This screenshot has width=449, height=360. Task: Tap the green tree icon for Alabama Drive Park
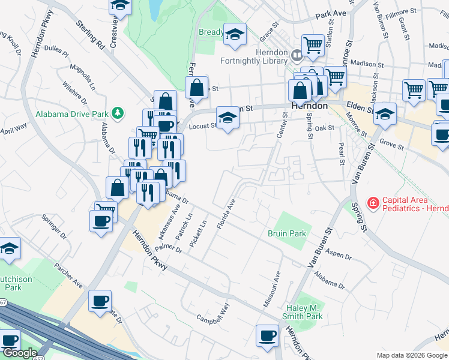(119, 112)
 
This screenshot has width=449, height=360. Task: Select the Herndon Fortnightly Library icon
(296, 56)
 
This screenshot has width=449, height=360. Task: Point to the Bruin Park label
(287, 233)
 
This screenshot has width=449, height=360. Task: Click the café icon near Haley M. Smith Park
(267, 335)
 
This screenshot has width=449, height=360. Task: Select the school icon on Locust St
(228, 118)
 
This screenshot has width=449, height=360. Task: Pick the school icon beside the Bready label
(235, 35)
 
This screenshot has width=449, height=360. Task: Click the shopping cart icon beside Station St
(312, 44)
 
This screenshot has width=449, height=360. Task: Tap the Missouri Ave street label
(271, 290)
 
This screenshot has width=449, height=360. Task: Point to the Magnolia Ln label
(83, 77)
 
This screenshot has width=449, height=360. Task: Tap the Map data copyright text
(411, 355)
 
